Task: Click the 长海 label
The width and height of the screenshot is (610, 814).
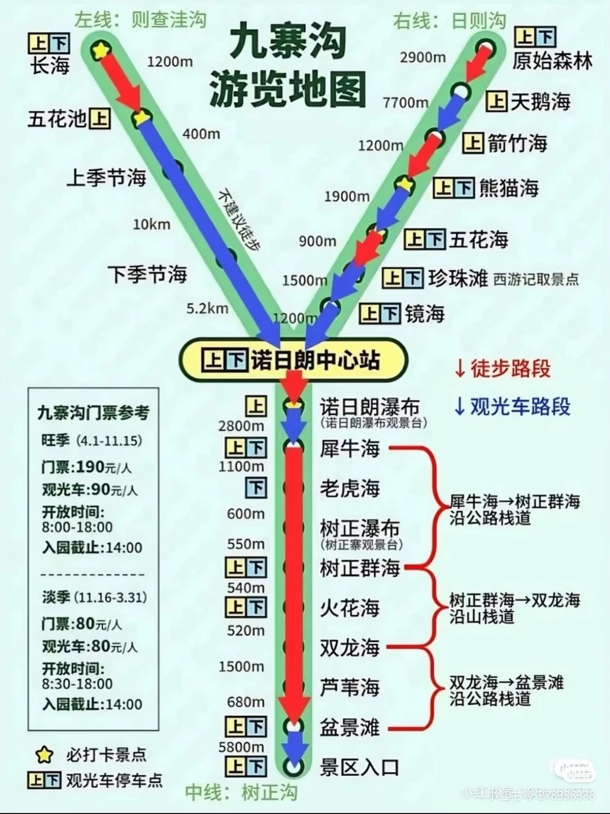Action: click(x=50, y=66)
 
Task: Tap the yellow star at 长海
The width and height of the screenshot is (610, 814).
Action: click(x=101, y=50)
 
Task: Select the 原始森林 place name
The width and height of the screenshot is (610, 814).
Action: click(x=552, y=61)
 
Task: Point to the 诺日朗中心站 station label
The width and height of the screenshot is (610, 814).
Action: click(x=315, y=360)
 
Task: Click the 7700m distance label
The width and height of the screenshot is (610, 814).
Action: click(x=405, y=103)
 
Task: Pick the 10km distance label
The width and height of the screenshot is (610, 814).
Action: click(x=151, y=225)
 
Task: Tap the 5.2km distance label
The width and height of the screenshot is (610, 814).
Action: click(x=207, y=308)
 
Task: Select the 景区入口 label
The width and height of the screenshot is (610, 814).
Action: click(x=359, y=767)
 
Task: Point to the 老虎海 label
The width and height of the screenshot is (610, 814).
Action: click(x=350, y=488)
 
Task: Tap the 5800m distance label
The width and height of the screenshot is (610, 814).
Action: click(x=241, y=747)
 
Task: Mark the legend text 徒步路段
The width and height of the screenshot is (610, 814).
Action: click(x=510, y=369)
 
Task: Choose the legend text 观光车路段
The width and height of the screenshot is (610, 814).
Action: click(x=520, y=406)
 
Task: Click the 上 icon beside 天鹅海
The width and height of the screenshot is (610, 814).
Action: click(x=496, y=102)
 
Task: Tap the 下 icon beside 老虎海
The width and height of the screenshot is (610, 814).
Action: click(x=256, y=487)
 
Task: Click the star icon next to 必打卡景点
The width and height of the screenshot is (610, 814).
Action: click(x=43, y=755)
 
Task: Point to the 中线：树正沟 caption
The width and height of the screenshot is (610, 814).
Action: click(x=241, y=793)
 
